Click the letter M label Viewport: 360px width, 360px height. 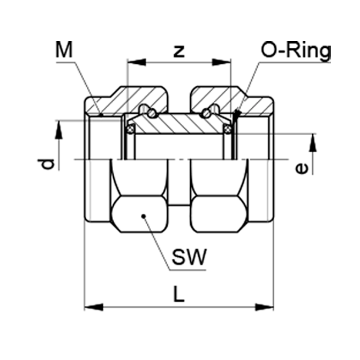(64, 49)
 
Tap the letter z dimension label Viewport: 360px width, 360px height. (179, 52)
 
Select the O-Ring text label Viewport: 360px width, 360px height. (296, 52)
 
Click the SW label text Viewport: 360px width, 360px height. (189, 257)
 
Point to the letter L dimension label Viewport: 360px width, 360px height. (179, 293)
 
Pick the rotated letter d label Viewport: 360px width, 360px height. (46, 164)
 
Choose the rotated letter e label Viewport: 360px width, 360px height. (301, 169)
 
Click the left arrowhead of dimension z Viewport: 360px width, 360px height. (137, 62)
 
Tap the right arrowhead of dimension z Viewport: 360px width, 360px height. (221, 62)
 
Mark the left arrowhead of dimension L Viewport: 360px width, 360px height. (93, 307)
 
